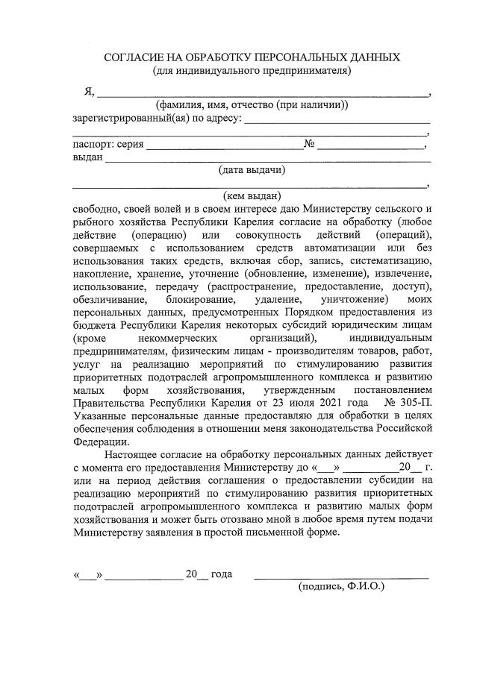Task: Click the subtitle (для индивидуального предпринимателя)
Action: pyautogui.click(x=252, y=71)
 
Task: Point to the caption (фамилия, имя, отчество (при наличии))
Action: pyautogui.click(x=252, y=106)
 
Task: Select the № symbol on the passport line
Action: pyautogui.click(x=308, y=144)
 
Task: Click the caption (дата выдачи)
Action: pyautogui.click(x=252, y=169)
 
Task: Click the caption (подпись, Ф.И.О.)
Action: pyautogui.click(x=340, y=587)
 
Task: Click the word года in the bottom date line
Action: pyautogui.click(x=221, y=574)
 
